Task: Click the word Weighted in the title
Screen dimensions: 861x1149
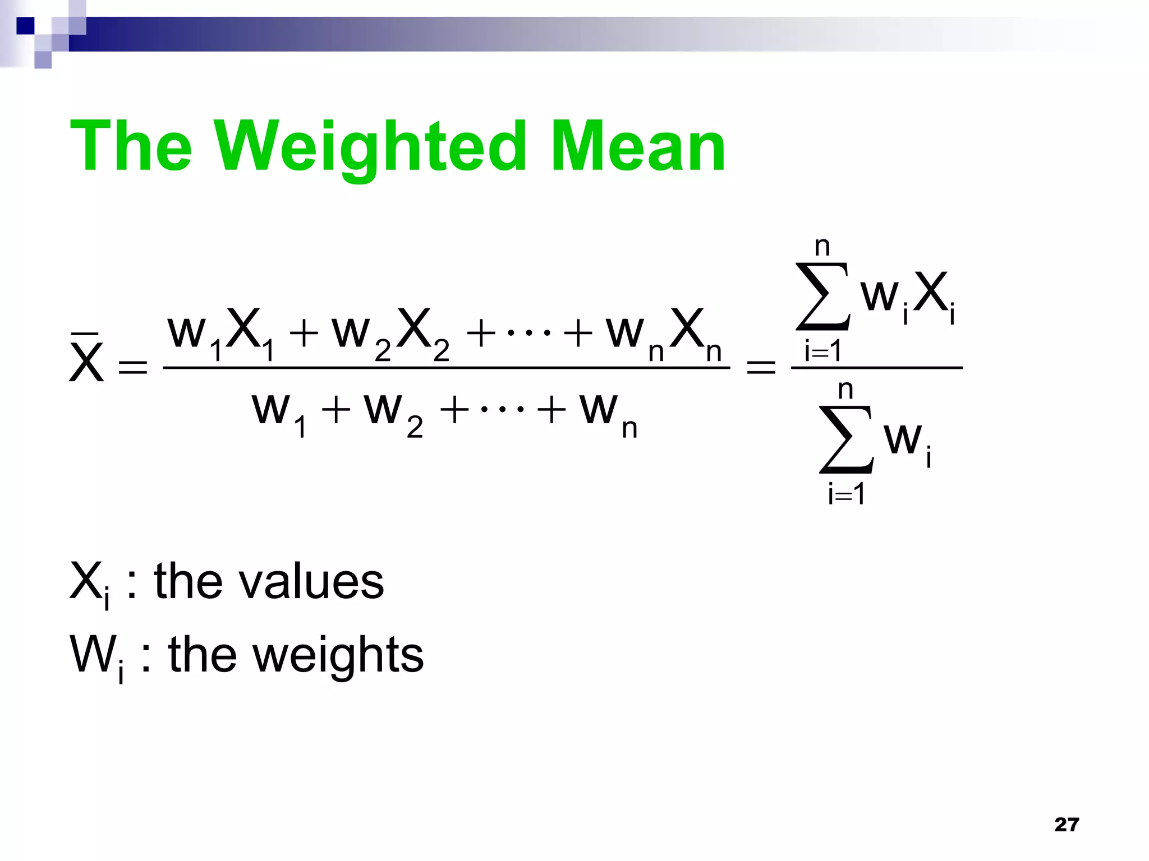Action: click(x=370, y=147)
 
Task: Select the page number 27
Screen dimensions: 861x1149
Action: click(x=1067, y=825)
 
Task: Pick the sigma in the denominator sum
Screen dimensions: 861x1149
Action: click(x=847, y=439)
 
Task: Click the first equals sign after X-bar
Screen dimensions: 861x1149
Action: click(x=134, y=368)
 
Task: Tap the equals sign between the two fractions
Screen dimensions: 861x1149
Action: click(x=761, y=368)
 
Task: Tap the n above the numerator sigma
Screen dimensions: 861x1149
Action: click(x=822, y=247)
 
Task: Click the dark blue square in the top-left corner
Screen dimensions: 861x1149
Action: click(x=25, y=26)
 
